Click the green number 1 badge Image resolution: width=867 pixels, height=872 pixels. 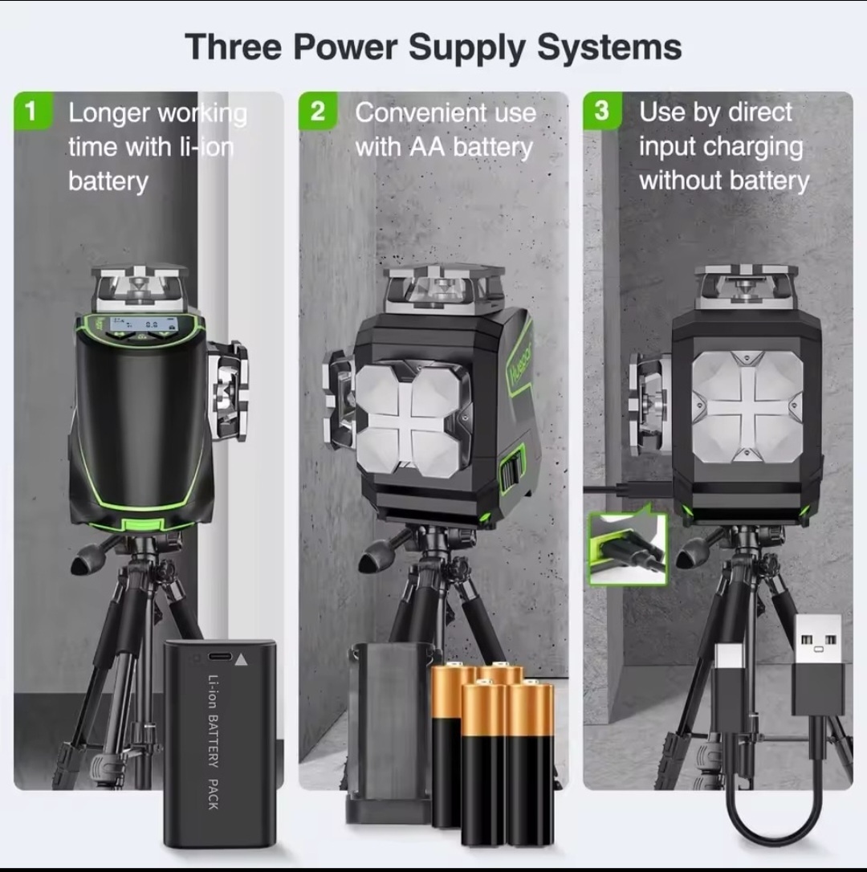click(33, 111)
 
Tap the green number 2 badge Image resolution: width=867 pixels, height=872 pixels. click(318, 111)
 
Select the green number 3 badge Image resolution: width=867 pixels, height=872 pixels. click(602, 111)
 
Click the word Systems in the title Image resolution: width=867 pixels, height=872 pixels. click(609, 48)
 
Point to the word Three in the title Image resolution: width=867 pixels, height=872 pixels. click(234, 47)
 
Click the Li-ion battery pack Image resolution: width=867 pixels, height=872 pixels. click(220, 744)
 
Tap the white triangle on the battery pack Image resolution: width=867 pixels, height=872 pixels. click(241, 660)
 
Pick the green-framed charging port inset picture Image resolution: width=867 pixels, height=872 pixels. click(627, 548)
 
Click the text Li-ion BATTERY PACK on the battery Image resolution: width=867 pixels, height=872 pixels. click(213, 742)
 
